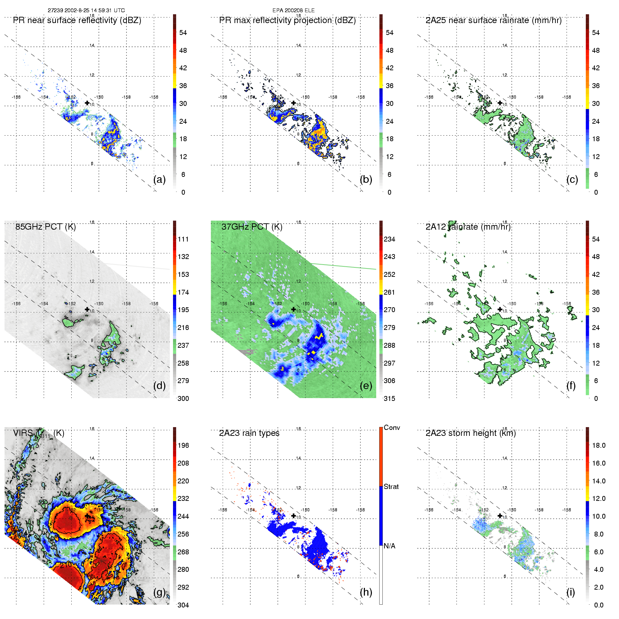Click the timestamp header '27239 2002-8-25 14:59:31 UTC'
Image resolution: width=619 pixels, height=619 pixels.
[86, 10]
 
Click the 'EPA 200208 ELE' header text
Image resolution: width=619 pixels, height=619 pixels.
[293, 10]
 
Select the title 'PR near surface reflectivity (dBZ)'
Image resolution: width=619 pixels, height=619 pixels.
[77, 20]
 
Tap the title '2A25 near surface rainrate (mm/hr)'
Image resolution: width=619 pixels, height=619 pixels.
[493, 20]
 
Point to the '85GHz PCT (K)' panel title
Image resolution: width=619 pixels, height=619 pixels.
[45, 227]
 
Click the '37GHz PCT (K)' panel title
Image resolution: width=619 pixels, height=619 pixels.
[252, 227]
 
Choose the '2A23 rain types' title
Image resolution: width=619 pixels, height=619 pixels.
[249, 433]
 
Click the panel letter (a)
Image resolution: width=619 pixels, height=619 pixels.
[159, 179]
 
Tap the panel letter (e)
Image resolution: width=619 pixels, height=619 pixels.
[366, 386]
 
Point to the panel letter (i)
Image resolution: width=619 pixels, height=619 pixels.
[570, 592]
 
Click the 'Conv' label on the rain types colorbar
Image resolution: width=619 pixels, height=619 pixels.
[391, 428]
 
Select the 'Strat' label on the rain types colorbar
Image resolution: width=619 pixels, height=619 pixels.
[391, 487]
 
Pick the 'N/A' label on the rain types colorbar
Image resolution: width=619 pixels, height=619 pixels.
[389, 546]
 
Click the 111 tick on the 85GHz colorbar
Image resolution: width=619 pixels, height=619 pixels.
[183, 239]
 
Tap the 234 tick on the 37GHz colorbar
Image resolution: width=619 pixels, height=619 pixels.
[389, 239]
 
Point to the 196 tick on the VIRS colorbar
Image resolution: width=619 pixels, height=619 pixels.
[183, 446]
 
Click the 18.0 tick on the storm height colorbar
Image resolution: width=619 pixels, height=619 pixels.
[598, 446]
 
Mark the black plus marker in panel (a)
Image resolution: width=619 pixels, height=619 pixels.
[87, 103]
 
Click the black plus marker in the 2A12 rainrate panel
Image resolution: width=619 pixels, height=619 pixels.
[500, 309]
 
